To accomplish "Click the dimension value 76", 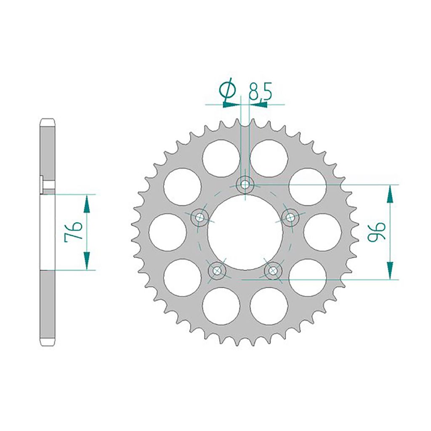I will pos(72,232).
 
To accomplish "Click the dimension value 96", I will pos(376,232).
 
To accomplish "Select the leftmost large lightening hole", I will pos(168,232).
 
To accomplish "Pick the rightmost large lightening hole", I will pos(322,232).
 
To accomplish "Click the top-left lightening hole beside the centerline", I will pos(221,158).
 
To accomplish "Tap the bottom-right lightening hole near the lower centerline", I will pos(269,306).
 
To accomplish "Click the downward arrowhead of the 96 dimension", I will pos(391,270).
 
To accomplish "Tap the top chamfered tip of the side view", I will pos(48,120).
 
